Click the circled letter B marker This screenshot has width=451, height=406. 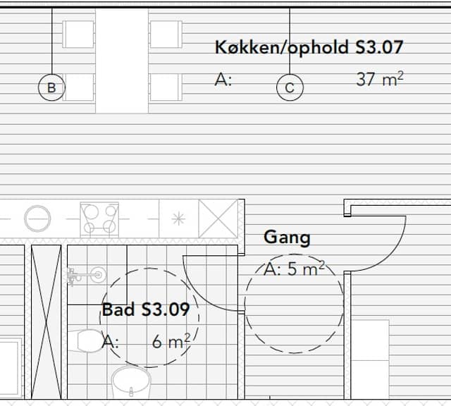pyautogui.click(x=51, y=87)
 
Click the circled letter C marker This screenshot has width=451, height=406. pyautogui.click(x=290, y=87)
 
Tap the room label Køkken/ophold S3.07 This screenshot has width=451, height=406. pyautogui.click(x=309, y=48)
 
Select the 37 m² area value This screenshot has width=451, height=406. pyautogui.click(x=380, y=79)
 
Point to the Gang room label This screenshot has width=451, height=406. pyautogui.click(x=287, y=238)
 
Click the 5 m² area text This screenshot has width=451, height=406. pyautogui.click(x=306, y=269)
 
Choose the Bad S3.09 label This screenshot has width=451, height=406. pyautogui.click(x=146, y=309)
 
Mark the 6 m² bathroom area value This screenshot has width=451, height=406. pyautogui.click(x=171, y=342)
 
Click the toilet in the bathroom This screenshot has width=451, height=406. pyautogui.click(x=85, y=341)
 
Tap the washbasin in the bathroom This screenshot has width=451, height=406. pyautogui.click(x=131, y=381)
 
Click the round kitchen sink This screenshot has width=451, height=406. pyautogui.click(x=37, y=219)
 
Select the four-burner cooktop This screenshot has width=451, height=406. pyautogui.click(x=99, y=219)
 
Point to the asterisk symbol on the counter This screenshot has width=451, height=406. pyautogui.click(x=178, y=219)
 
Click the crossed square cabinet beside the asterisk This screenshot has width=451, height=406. pyautogui.click(x=218, y=219)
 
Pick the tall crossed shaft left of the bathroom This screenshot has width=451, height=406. pyautogui.click(x=46, y=322)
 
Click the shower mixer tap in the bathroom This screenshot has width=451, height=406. pyautogui.click(x=86, y=276)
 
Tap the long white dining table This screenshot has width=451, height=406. pyautogui.click(x=122, y=61)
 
